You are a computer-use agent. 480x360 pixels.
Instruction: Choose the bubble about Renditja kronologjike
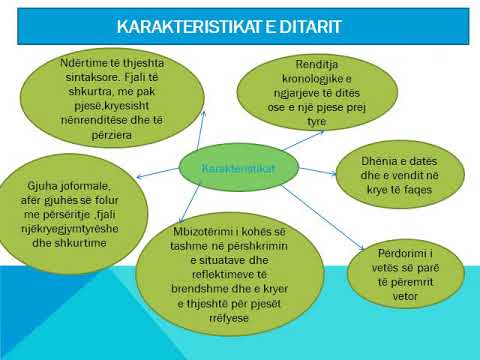tap(318, 91)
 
